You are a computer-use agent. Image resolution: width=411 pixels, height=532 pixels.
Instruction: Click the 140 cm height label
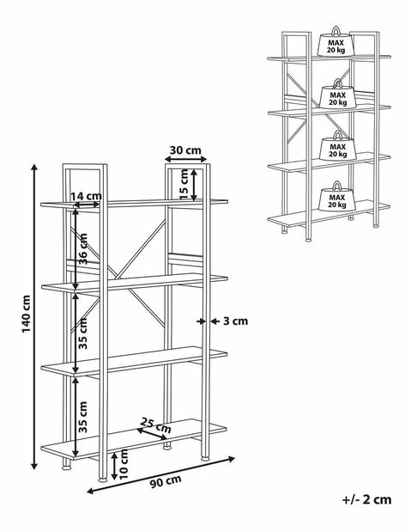pos(27,314)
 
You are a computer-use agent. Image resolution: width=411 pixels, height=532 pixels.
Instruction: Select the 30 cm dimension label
pos(185,150)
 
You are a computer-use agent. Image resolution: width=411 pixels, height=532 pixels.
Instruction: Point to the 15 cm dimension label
pos(184,184)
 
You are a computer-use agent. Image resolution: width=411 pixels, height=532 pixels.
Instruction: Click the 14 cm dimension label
pos(86,196)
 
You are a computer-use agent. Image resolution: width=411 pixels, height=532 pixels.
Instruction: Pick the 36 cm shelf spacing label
pos(82,248)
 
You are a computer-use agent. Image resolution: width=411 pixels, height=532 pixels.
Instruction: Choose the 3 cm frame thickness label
pos(235,321)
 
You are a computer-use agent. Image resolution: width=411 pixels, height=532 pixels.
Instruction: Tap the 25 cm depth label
pos(156,425)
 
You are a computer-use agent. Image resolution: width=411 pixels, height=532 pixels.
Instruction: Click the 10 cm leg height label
pos(124,464)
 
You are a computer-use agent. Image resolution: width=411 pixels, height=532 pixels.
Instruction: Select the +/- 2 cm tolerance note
pos(367,499)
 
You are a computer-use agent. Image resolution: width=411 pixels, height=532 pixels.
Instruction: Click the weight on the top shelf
pos(335,42)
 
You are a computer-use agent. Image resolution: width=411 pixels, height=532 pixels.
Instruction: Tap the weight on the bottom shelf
pos(337,196)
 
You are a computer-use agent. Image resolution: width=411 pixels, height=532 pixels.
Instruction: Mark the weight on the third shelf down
pos(337,146)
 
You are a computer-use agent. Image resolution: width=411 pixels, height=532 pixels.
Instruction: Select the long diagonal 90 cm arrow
pos(161,474)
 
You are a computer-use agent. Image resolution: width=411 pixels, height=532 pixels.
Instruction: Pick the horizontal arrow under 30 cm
pos(185,159)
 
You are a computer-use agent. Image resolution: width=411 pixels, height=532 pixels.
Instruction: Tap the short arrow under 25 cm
pos(152,434)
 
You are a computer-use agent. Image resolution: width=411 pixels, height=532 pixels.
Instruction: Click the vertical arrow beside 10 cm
pos(114,466)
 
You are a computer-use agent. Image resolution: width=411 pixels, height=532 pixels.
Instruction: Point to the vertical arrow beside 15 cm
pos(194,185)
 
